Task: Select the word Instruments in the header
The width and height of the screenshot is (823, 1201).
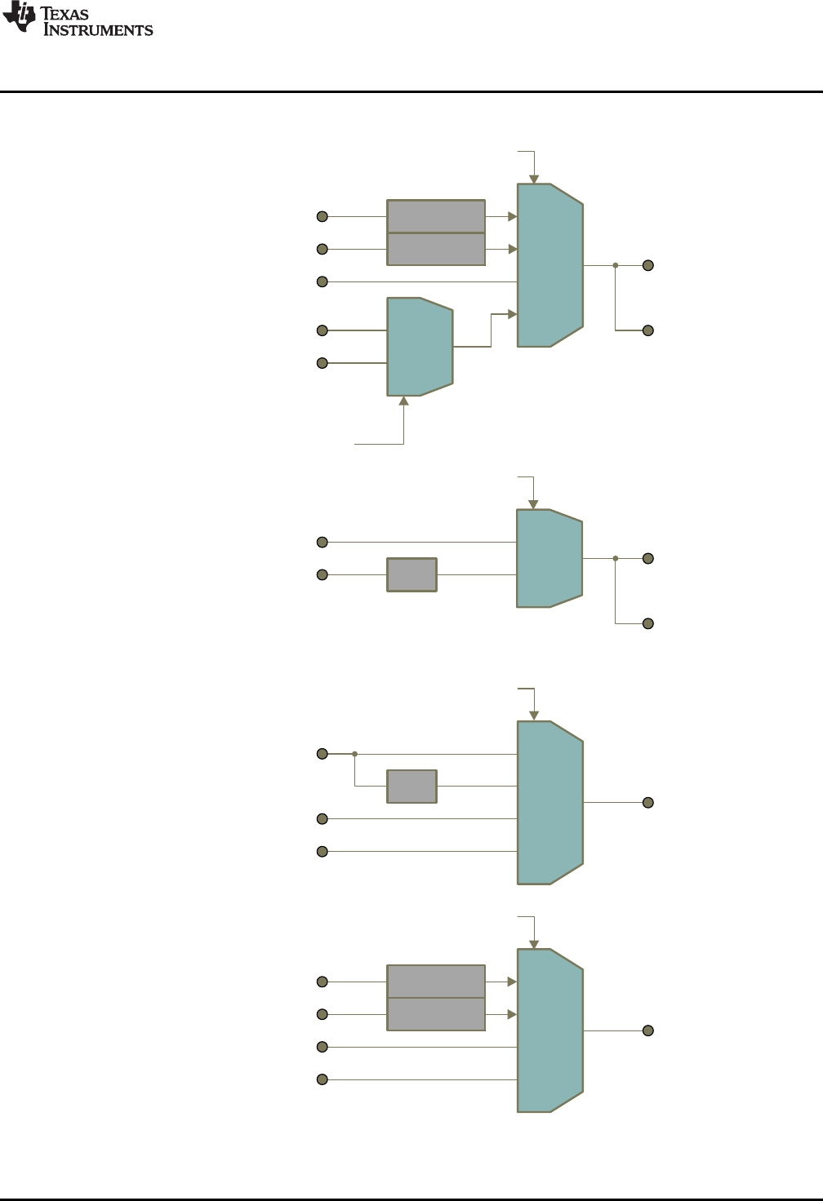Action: [98, 30]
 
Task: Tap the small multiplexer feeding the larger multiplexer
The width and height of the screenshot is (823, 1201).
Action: [419, 347]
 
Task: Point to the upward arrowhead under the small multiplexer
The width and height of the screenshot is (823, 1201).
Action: [403, 401]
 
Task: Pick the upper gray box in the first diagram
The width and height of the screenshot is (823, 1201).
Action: [436, 216]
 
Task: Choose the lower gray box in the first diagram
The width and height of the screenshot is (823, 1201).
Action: [436, 249]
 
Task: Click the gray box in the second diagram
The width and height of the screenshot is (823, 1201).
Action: [411, 574]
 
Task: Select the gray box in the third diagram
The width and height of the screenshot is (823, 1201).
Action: [411, 787]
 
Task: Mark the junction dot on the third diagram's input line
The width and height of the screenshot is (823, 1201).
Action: [354, 754]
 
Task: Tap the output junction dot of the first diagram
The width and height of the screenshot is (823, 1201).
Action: [616, 265]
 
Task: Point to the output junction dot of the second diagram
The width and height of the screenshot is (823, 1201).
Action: [616, 558]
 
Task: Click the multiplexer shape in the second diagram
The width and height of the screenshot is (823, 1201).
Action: [549, 558]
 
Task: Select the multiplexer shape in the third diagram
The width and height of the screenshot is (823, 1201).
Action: [549, 803]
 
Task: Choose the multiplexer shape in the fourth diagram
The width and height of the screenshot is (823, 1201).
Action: [549, 1030]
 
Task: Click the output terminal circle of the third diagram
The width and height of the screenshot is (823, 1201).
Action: [648, 803]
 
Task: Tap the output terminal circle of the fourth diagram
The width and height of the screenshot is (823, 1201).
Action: [648, 1030]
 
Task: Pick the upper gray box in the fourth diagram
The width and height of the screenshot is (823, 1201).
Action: [436, 982]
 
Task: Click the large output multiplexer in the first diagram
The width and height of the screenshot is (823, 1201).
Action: [549, 265]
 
